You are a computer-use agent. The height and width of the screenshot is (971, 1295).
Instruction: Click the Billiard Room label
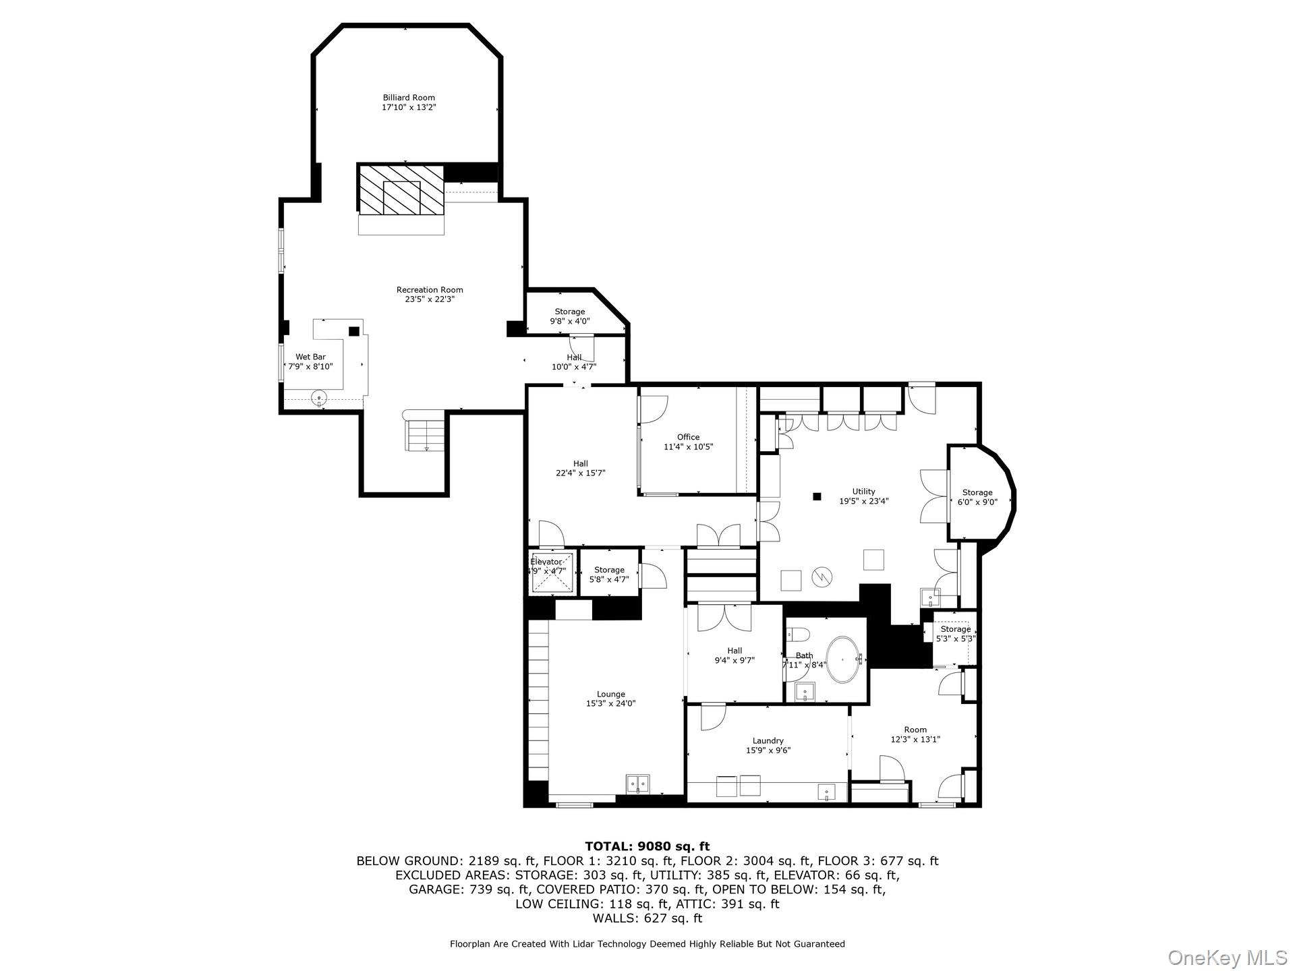click(x=409, y=98)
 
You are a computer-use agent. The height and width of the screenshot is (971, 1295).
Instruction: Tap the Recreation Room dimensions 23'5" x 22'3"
click(x=430, y=299)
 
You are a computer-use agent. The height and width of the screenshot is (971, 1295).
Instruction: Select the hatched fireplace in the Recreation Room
click(x=401, y=190)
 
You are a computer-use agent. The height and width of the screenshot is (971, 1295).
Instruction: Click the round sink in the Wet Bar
click(x=319, y=398)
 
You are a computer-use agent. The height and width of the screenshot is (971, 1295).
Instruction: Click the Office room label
click(x=688, y=437)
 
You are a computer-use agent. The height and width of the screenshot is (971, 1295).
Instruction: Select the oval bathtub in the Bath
click(x=842, y=659)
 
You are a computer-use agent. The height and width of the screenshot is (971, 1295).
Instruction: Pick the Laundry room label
click(x=768, y=740)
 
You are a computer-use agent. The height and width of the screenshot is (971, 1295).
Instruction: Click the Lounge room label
click(x=610, y=694)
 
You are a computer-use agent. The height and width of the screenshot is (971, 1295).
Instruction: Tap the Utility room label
click(x=863, y=492)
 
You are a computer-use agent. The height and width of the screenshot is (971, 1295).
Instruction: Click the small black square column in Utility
click(x=817, y=496)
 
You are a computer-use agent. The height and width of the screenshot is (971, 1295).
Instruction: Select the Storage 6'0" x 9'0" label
click(x=977, y=492)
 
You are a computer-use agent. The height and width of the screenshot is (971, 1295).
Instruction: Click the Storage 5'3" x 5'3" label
click(x=955, y=629)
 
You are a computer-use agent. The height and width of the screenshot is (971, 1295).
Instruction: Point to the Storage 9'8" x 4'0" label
click(x=569, y=312)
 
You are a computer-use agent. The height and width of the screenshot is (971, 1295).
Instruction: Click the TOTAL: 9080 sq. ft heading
click(x=647, y=846)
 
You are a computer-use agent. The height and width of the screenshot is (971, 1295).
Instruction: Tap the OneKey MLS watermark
click(x=1227, y=957)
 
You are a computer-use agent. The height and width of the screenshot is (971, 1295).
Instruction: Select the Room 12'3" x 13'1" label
click(x=915, y=730)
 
